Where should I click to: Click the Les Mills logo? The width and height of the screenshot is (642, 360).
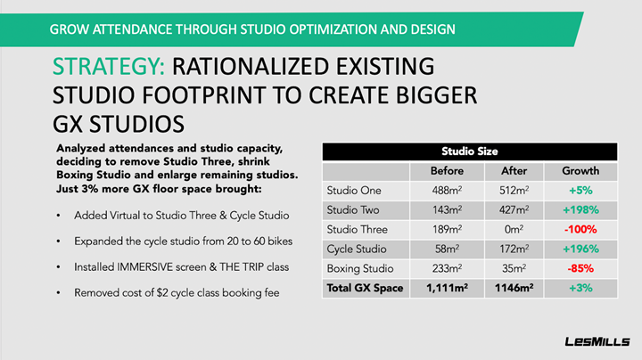[x=597, y=341]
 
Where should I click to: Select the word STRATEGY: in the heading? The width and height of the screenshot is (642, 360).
[x=109, y=67]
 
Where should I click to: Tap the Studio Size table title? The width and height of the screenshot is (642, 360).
[x=470, y=151]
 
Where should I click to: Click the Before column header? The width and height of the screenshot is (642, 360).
[x=447, y=170]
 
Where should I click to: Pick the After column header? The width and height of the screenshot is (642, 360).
[x=514, y=170]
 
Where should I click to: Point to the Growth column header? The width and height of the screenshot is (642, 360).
[x=580, y=170]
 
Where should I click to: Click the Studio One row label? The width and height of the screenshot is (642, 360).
[x=354, y=190]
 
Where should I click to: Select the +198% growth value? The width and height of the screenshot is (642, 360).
[x=580, y=210]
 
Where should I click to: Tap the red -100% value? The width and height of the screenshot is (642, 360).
[x=580, y=230]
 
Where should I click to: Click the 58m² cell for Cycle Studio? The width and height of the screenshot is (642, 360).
[x=447, y=249]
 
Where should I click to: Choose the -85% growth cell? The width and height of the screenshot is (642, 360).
[x=580, y=268]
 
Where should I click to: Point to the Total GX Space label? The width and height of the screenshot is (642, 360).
[x=365, y=288]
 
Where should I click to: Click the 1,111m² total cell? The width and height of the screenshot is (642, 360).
[x=447, y=288]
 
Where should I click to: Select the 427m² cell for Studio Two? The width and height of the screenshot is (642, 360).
[x=514, y=210]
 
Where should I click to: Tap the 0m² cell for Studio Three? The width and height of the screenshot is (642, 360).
[x=514, y=230]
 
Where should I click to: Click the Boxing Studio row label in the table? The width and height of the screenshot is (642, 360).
[x=360, y=268]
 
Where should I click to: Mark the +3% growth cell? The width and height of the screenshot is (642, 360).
[x=580, y=288]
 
